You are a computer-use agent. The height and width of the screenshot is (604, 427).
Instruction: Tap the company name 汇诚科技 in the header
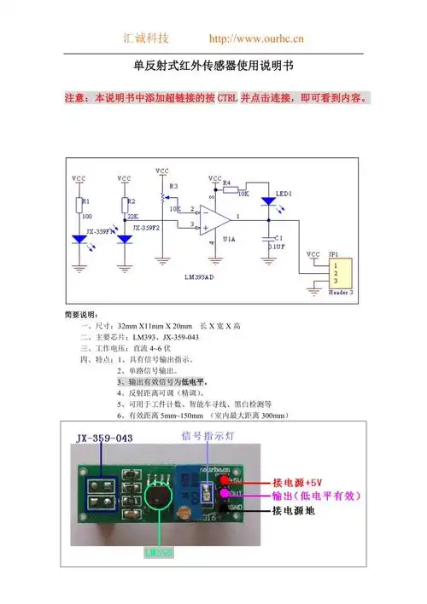point(147,38)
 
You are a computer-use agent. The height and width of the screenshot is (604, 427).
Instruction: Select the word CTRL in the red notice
point(228,99)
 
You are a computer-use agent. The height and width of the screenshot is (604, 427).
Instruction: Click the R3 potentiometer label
point(174,185)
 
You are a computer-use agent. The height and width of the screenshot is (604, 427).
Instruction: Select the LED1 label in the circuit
point(284,195)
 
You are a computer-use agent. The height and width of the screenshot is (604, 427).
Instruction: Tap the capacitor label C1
point(278,238)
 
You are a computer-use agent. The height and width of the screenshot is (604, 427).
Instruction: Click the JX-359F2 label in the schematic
point(146,230)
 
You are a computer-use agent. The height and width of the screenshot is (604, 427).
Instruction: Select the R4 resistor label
point(227,183)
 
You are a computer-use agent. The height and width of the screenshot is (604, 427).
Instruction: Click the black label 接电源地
point(293,511)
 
